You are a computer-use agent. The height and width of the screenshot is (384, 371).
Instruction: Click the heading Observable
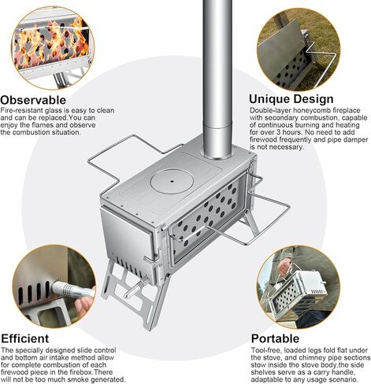33,100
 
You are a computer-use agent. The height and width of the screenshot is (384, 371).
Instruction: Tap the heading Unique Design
291,99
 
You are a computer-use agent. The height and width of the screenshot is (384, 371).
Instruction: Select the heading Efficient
25,338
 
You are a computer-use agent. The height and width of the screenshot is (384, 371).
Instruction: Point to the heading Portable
275,338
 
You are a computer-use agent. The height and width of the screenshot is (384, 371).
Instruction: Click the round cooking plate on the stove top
172,181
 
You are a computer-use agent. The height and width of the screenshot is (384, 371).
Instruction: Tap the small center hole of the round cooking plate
172,181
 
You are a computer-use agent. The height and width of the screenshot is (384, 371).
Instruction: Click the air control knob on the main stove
135,288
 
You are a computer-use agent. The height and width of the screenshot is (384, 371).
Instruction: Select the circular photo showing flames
53,48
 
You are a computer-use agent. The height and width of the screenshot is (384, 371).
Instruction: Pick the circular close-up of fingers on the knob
54,286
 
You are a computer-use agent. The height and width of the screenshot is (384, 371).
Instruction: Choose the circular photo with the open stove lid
299,50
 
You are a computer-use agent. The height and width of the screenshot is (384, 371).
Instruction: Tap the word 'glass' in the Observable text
54,110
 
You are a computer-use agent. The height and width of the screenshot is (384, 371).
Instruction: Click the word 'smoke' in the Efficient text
78,379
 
